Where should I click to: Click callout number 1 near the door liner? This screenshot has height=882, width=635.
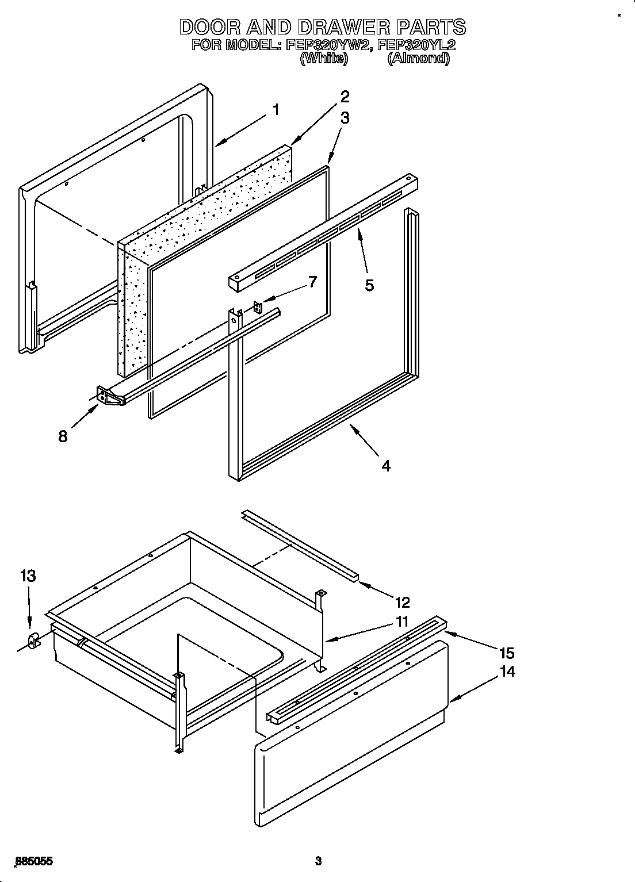pos(276,109)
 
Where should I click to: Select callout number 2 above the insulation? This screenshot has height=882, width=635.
pos(345,96)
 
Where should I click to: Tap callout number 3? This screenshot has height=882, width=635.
pos(345,118)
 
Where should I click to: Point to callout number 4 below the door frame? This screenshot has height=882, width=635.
pos(386,466)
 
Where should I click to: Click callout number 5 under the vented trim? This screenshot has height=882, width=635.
pos(369,285)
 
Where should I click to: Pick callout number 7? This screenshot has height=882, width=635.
pos(312,282)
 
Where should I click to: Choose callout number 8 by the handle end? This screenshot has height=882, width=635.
pos(62,436)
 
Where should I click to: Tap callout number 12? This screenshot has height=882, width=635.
pos(402,602)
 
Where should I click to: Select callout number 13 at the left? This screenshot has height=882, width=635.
pos(28,576)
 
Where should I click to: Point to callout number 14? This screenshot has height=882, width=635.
pos(507,671)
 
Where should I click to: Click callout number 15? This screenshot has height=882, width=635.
pos(506,653)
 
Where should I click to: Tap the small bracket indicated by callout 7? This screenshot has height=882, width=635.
pos(257,306)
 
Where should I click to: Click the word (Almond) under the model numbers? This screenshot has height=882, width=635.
pos(418,58)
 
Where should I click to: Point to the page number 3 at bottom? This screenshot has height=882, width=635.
pos(317,861)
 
